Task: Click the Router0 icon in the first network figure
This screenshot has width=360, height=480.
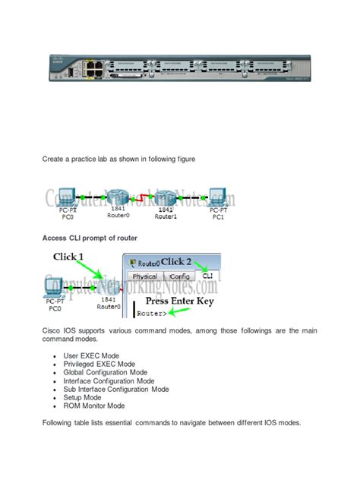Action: (117, 197)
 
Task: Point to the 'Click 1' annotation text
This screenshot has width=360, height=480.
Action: (75, 257)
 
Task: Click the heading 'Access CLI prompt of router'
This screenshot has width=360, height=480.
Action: (90, 238)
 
